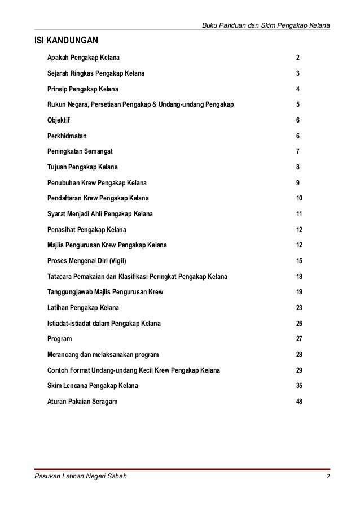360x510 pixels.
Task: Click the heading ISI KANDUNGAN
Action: point(66,41)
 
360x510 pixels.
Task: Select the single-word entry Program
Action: point(60,339)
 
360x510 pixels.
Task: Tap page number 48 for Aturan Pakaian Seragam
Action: point(299,402)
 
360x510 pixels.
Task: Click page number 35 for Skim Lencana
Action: point(299,386)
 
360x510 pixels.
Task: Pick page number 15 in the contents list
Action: point(299,261)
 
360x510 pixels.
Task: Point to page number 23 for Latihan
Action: point(299,308)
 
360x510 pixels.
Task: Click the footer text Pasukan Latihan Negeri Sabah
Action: point(81,477)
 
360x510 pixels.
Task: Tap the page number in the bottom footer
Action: point(328,477)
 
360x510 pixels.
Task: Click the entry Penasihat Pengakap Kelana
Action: point(87,230)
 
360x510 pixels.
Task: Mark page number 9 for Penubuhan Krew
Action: point(297,183)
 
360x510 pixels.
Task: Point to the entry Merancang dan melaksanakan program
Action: point(103,355)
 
